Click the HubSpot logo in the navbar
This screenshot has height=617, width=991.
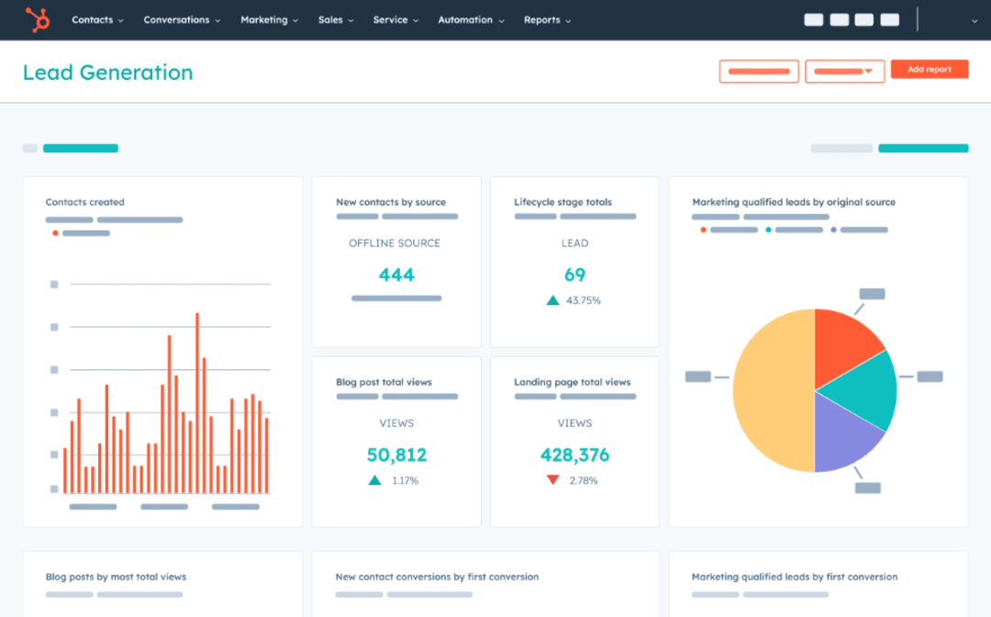click(37, 19)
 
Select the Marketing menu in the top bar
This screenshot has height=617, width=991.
click(269, 20)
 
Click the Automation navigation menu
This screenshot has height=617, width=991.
click(470, 20)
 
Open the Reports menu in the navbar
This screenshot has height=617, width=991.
click(547, 20)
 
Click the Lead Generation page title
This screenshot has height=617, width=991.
click(108, 73)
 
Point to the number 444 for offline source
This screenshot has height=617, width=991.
click(396, 275)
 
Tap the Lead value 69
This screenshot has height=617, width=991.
click(574, 275)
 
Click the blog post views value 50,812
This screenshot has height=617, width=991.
click(396, 454)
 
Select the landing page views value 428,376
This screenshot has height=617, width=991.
click(574, 454)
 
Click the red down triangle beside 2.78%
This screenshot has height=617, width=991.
click(552, 480)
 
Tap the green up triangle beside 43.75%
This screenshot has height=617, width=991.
click(552, 300)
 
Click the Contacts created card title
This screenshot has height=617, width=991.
click(85, 202)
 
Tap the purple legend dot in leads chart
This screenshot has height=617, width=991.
click(833, 230)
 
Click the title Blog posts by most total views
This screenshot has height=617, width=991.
click(116, 577)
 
